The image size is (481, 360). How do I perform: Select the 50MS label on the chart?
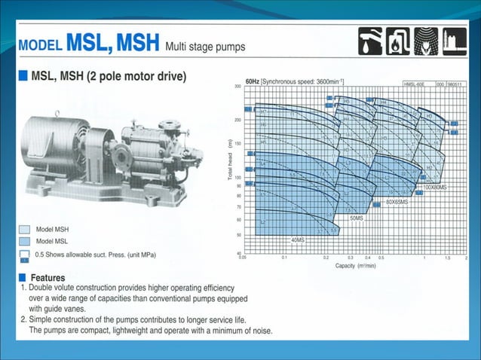tap(357, 218)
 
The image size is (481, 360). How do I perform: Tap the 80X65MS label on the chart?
tap(397, 202)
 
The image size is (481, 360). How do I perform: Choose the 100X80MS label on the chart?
tap(436, 186)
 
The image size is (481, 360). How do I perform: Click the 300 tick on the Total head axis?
tap(237, 87)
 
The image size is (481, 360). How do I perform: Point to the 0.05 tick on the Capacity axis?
tap(242, 258)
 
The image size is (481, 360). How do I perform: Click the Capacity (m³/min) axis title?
tap(356, 266)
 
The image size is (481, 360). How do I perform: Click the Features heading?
tap(47, 277)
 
